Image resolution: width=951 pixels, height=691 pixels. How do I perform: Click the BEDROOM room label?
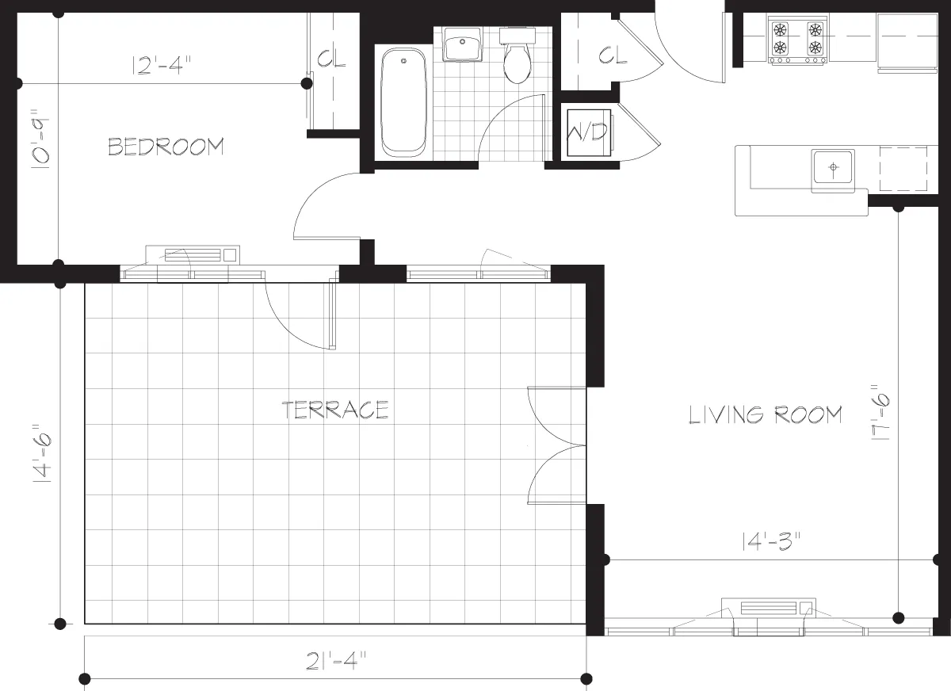click(x=166, y=147)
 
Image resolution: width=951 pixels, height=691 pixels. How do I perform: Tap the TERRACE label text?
click(x=335, y=410)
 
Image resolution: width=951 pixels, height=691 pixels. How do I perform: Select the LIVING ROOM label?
click(x=765, y=414)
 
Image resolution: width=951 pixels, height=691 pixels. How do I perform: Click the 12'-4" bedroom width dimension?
click(x=158, y=66)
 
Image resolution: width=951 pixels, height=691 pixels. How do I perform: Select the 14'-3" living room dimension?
click(x=771, y=542)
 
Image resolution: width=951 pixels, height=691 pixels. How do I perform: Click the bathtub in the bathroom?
click(x=404, y=102)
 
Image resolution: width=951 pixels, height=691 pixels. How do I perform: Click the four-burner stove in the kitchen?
click(x=798, y=40)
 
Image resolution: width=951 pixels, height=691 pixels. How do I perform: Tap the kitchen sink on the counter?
click(x=832, y=168)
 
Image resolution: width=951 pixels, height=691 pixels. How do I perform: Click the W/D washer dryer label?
click(x=588, y=132)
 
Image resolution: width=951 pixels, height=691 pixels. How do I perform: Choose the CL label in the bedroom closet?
click(x=331, y=59)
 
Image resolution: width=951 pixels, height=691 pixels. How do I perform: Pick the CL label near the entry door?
click(x=612, y=55)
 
